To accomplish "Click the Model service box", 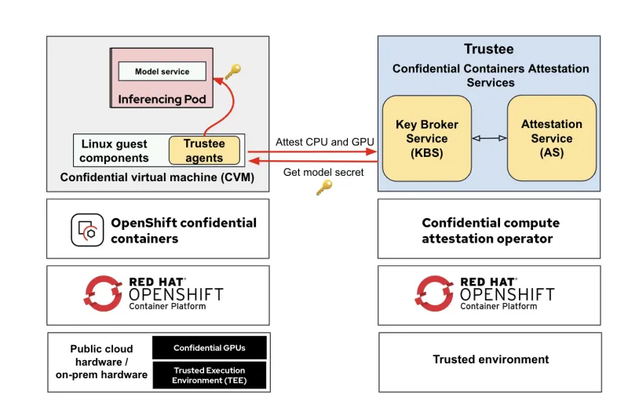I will coord(162,71).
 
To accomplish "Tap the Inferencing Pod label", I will coord(162,100).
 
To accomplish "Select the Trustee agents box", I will coord(204,151).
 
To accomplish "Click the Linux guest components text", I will coord(115,151).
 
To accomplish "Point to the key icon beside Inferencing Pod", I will coord(232,72).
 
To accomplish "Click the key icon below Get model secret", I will coord(323,187).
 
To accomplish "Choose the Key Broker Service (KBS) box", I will coord(426,138).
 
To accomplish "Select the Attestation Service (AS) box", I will coord(551,138).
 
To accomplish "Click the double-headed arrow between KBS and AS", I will coord(489,138).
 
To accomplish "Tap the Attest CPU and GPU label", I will coord(325,142).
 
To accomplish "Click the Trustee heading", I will coord(488,49).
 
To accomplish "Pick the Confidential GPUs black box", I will coord(209,348).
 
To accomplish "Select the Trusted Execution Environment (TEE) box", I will coord(209,375).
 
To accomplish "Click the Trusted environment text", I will coord(491,359).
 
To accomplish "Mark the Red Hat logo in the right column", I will coord(433,294).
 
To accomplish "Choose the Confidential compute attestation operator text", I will coord(491,230).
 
